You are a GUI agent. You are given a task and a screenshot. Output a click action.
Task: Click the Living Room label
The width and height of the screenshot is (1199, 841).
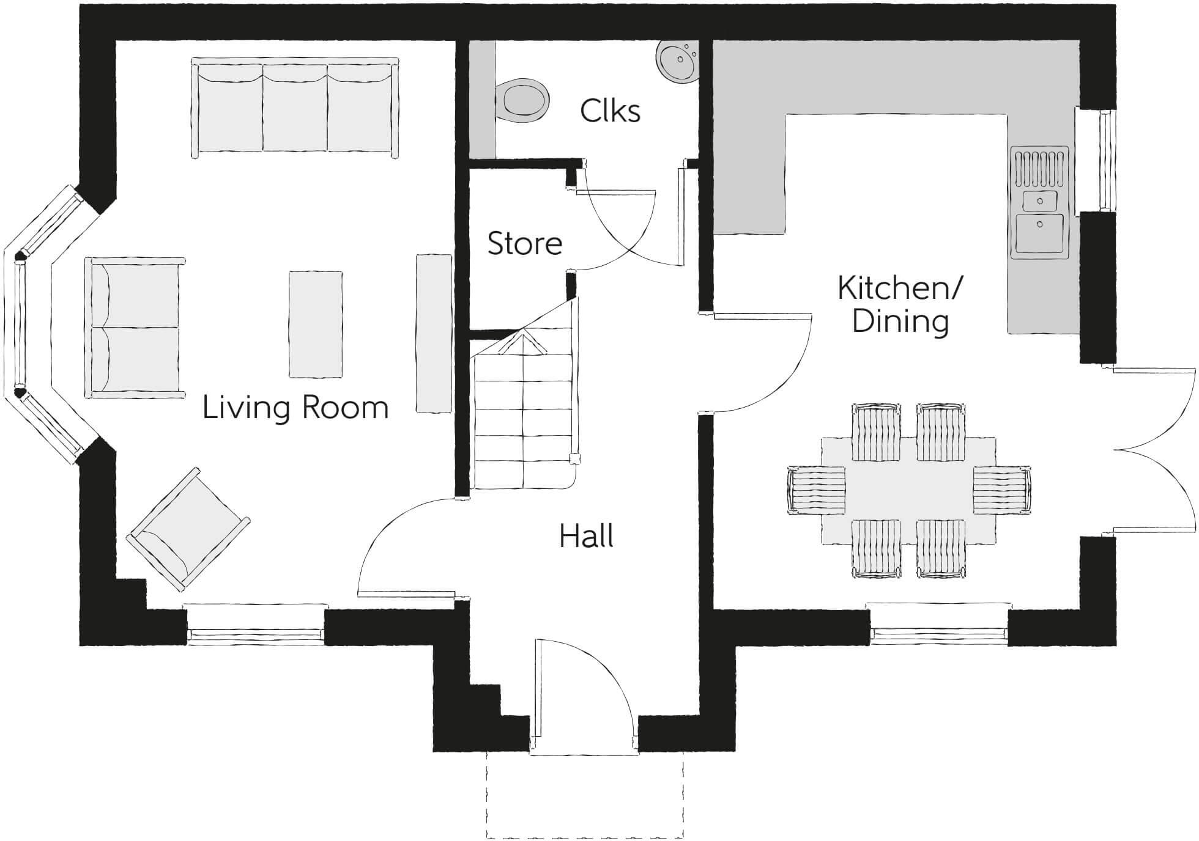[295, 408]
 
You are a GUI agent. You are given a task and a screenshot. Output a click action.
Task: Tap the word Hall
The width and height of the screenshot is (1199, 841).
[586, 536]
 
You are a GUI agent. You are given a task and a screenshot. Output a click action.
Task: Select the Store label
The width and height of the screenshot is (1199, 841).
[524, 243]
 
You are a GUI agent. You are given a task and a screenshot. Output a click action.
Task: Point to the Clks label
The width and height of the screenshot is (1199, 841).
[610, 111]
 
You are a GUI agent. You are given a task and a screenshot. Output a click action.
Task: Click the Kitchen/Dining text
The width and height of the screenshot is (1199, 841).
[900, 304]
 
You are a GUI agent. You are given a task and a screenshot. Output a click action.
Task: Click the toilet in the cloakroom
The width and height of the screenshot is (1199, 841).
[523, 100]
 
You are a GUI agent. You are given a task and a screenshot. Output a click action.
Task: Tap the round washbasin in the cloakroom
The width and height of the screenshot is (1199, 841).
[677, 60]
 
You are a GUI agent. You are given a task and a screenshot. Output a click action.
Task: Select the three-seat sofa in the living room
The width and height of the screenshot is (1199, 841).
[295, 108]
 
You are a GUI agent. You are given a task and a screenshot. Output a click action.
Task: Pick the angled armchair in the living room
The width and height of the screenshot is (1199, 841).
[188, 529]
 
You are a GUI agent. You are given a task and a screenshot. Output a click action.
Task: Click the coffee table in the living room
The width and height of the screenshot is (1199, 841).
[315, 324]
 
